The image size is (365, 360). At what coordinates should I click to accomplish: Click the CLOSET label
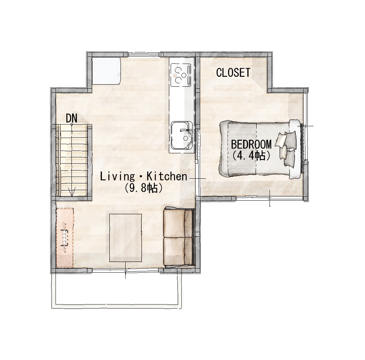click(233, 72)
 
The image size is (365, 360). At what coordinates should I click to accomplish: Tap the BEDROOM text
click(251, 144)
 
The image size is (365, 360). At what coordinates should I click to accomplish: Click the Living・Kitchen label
click(144, 177)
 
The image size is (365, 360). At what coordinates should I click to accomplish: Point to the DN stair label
click(71, 118)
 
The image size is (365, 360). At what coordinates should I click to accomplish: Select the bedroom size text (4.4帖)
click(251, 156)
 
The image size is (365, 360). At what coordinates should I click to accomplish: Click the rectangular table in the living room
click(126, 238)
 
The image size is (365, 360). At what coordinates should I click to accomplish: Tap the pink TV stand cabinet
click(65, 238)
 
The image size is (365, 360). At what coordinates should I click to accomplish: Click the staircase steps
click(72, 160)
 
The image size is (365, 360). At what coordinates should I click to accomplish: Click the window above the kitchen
click(144, 54)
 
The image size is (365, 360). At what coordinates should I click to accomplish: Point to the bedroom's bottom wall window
click(270, 198)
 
